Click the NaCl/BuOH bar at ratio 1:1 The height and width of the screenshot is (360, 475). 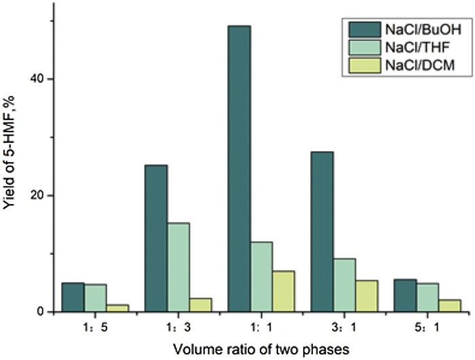point(240,169)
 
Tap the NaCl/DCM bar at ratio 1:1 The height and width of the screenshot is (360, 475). point(284,292)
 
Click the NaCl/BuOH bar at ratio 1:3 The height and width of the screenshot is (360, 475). point(155,238)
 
